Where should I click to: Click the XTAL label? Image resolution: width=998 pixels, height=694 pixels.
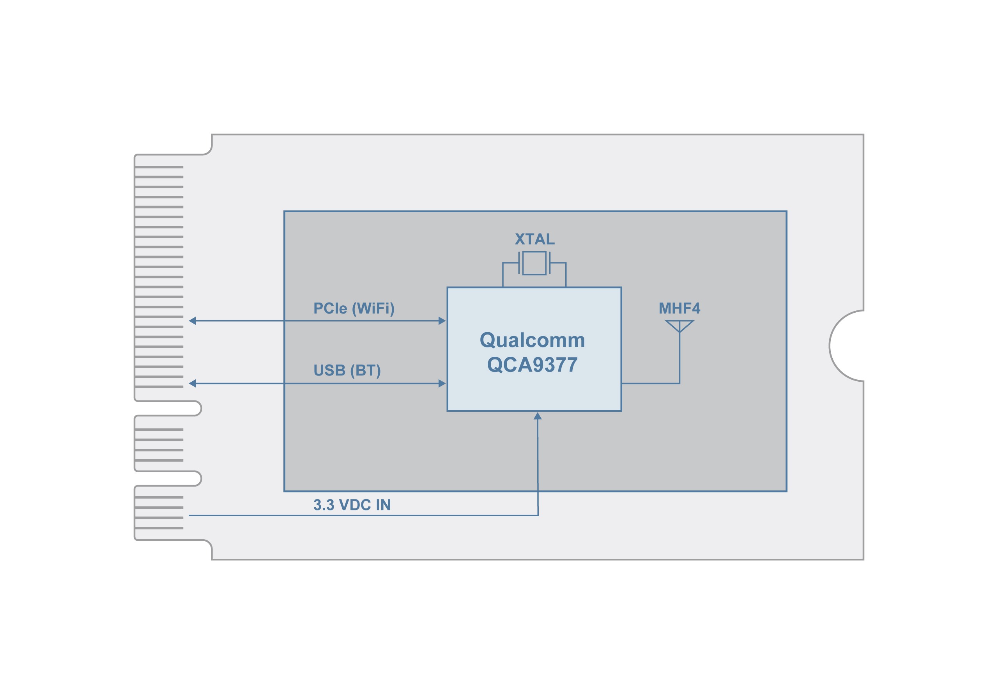coord(534,239)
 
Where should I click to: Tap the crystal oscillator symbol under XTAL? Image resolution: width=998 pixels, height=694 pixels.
coord(534,263)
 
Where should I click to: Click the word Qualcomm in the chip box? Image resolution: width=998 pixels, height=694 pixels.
coord(532,340)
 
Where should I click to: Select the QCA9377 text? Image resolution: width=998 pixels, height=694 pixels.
coord(532,365)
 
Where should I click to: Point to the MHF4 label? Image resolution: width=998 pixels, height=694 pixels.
coord(679,308)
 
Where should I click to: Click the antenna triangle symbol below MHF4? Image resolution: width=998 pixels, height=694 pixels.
coord(679,325)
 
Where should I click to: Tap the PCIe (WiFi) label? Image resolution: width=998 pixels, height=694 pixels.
coord(354,308)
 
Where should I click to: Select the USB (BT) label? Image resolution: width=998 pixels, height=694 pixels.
coord(347,370)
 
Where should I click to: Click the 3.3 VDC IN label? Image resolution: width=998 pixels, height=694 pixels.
coord(352,505)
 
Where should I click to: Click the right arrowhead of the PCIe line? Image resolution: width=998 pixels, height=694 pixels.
coord(442,321)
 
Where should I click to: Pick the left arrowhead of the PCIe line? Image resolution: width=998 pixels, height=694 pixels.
coord(193,321)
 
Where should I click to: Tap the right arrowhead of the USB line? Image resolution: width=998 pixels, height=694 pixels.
coord(442,384)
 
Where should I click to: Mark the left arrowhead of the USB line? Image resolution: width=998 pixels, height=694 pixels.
coord(193,384)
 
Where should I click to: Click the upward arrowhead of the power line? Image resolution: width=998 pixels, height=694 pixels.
coord(538,416)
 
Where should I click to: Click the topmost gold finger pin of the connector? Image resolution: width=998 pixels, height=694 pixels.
coord(159,167)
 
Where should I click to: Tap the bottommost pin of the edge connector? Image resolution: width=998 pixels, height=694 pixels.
coord(159,528)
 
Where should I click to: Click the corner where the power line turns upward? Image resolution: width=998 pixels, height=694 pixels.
coord(538,516)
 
